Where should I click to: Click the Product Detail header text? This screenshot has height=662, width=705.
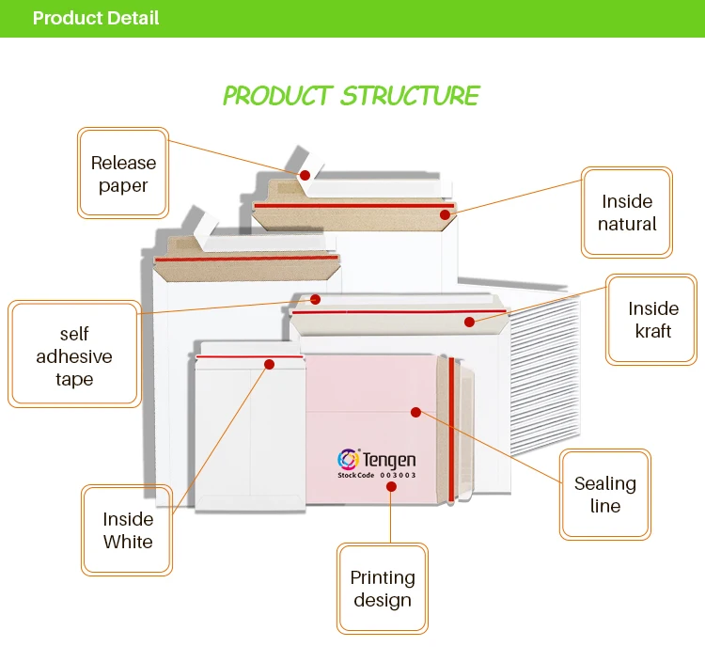(95, 19)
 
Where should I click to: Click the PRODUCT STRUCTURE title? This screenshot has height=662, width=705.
(351, 96)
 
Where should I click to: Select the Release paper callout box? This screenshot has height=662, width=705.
(123, 174)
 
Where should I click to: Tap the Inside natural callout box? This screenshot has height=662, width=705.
(627, 213)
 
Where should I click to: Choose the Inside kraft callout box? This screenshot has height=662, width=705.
(653, 320)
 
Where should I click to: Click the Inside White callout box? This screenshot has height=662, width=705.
(127, 530)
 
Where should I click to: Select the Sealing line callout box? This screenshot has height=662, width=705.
(604, 495)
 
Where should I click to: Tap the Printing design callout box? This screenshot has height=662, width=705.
(382, 589)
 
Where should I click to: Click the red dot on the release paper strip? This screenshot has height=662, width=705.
(305, 175)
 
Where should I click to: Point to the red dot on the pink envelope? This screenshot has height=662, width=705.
(415, 411)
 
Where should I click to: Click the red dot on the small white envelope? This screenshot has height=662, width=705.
(269, 363)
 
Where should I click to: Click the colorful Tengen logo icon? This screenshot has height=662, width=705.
(348, 459)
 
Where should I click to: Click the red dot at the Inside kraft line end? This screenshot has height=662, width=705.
(469, 322)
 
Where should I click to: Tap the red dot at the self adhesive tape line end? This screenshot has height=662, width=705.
(316, 300)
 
